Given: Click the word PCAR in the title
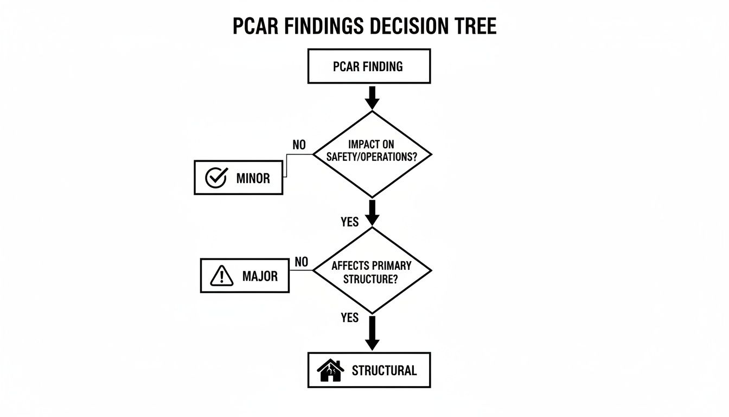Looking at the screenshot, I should pos(254,27).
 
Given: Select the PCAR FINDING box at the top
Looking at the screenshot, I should pos(369,66).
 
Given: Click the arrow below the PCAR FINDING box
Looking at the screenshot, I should pos(372,97).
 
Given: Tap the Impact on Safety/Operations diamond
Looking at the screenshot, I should pos(372,154).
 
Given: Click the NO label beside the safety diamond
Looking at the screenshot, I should pos(299,145).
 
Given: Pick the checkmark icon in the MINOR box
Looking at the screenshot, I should pos(216,178).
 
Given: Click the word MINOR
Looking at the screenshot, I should pos(253,178).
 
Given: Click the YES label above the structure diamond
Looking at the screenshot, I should pos(350,222).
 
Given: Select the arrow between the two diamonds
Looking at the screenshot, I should pos(372,212).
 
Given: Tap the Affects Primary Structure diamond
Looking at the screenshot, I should pos(372,270).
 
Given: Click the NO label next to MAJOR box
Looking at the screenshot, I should pos(301,262).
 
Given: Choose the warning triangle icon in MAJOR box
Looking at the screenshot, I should pos(221,276).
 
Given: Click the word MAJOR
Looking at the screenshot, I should pos(260,276).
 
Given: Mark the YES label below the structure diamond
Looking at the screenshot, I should pos(350,318).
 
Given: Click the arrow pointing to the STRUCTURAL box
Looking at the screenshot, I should pos(372,332).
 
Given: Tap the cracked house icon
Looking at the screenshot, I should pos(330,371).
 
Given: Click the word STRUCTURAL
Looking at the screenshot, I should pos(384,371).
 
